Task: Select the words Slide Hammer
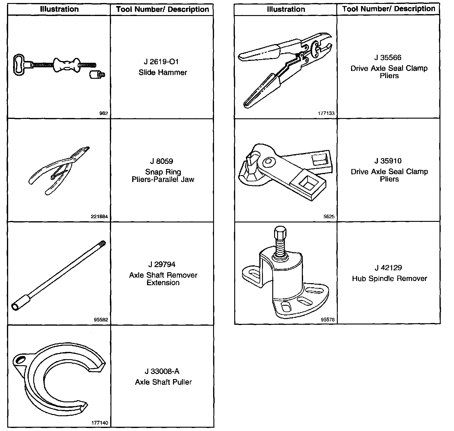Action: pyautogui.click(x=163, y=72)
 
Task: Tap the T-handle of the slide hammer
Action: pyautogui.click(x=21, y=64)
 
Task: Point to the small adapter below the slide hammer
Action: pyautogui.click(x=96, y=74)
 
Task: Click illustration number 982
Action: pyautogui.click(x=103, y=113)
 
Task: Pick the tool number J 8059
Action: pyautogui.click(x=161, y=161)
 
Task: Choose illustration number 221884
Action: pyautogui.click(x=99, y=216)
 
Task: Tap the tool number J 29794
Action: pyautogui.click(x=161, y=264)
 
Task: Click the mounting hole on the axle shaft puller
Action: pyautogui.click(x=20, y=359)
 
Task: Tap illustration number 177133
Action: pyautogui.click(x=326, y=113)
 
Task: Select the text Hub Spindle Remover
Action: pyautogui.click(x=389, y=278)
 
